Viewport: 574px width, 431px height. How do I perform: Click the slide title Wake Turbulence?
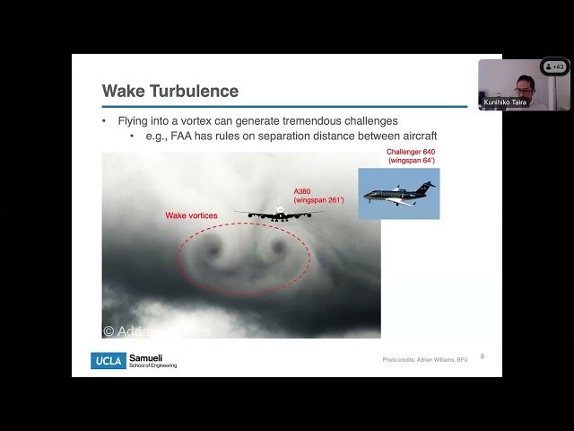170,91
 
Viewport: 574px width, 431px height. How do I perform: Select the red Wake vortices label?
190,215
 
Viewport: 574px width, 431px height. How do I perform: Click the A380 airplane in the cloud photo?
279,213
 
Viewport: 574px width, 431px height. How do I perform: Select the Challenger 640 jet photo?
399,194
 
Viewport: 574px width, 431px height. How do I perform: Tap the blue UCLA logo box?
108,360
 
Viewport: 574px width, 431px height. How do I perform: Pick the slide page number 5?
483,356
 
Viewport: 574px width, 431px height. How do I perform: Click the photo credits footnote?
424,360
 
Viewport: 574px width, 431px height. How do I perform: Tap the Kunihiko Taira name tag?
504,102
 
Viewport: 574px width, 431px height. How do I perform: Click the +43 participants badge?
554,66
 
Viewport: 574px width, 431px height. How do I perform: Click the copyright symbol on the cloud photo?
109,330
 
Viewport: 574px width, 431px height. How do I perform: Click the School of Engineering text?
153,365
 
